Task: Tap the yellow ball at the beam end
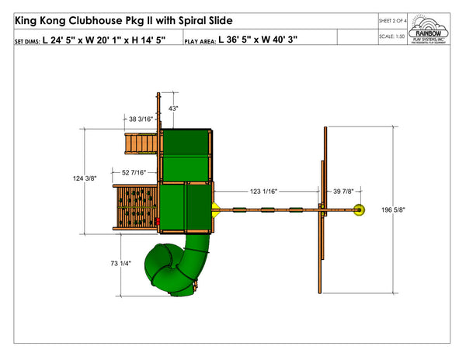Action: coord(360,209)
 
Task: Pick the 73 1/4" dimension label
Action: coord(120,264)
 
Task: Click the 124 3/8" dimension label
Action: coord(84,178)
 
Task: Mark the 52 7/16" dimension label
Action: coord(136,172)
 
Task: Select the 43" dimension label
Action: coord(173,109)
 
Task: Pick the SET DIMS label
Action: coord(27,40)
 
